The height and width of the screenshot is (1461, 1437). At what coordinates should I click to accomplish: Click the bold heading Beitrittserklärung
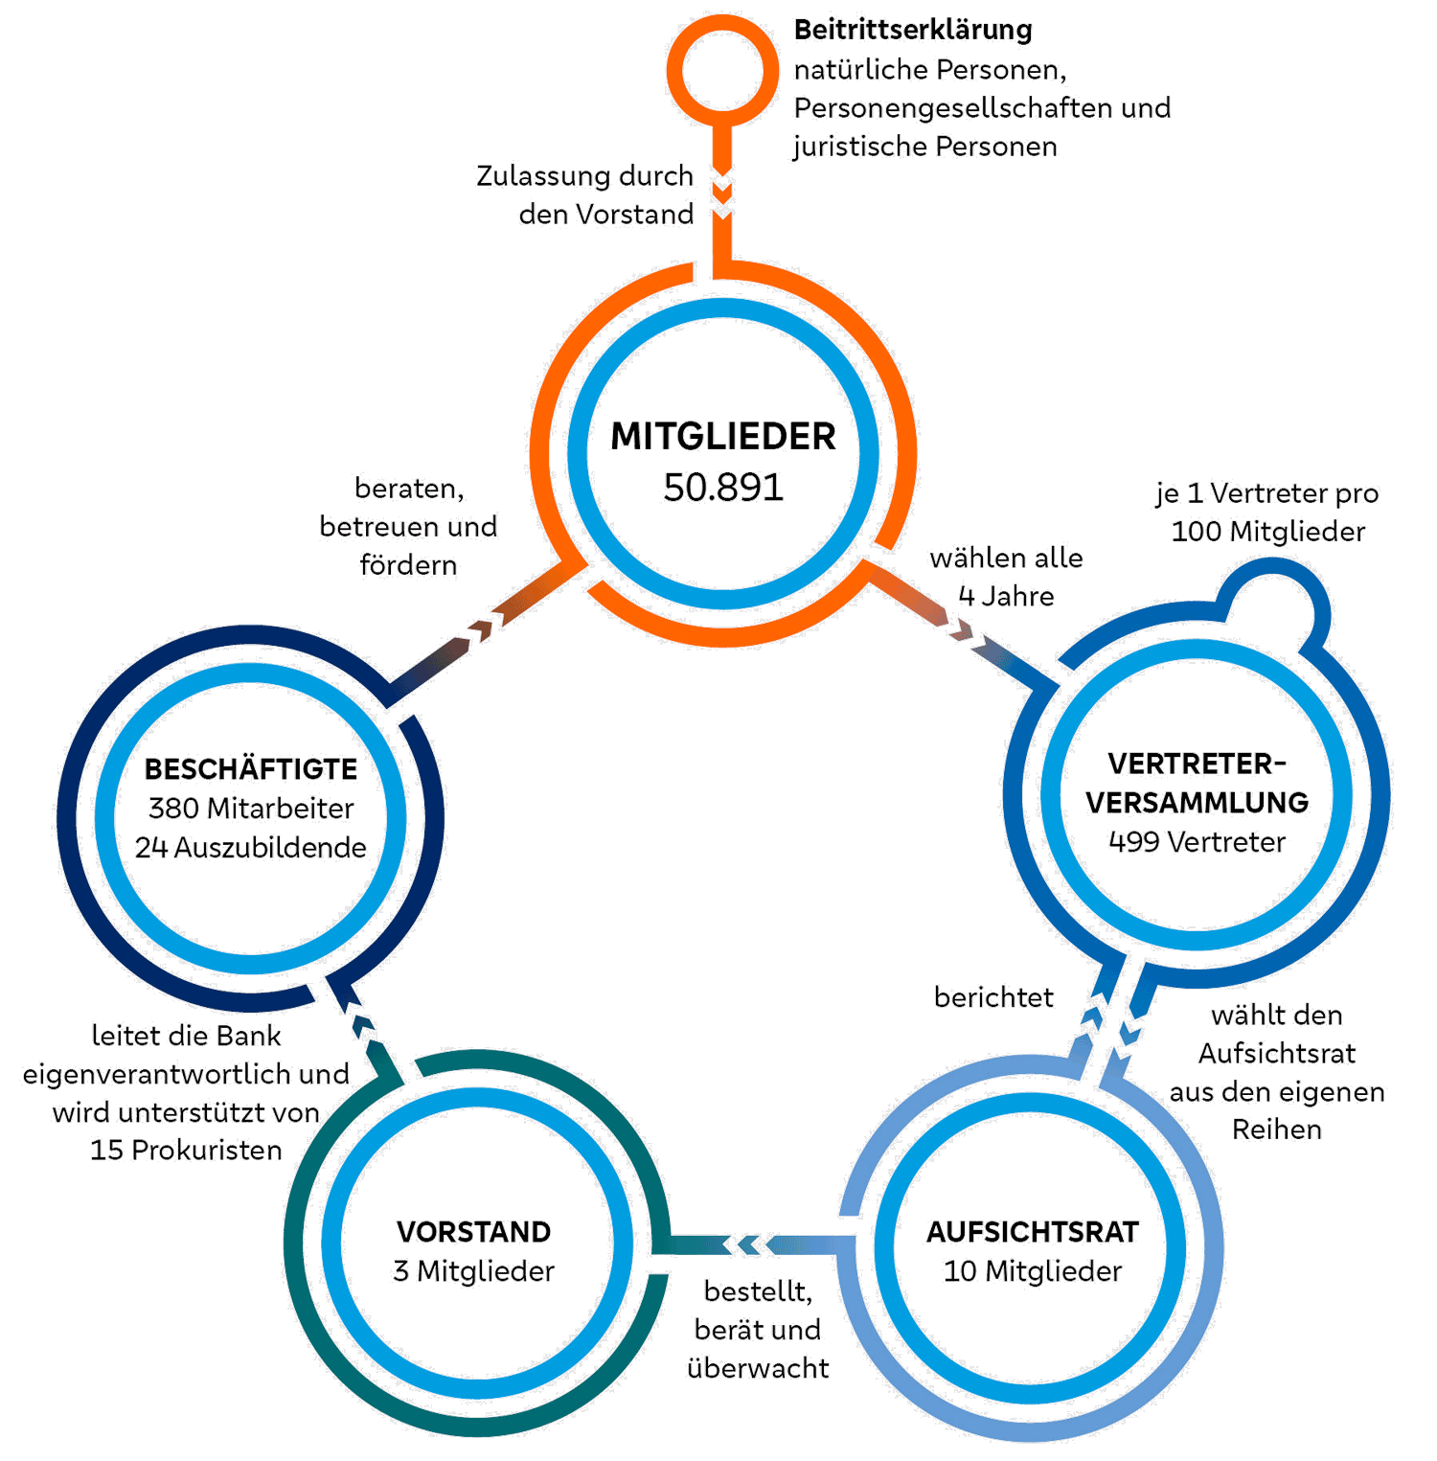tap(913, 31)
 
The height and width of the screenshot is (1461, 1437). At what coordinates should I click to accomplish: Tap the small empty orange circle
tap(722, 71)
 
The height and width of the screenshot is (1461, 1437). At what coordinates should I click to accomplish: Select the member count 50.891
tap(723, 487)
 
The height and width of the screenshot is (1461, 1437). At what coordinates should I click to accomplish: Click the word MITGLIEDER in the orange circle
tap(723, 437)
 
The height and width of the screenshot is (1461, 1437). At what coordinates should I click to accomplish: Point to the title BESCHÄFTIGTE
tap(251, 769)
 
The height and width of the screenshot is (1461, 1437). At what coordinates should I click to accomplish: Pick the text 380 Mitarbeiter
tap(251, 809)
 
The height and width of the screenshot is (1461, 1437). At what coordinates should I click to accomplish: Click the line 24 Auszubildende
tap(251, 848)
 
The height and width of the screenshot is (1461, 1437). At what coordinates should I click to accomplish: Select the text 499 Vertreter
tap(1197, 842)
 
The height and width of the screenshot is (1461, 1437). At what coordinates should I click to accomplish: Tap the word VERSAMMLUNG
tap(1197, 803)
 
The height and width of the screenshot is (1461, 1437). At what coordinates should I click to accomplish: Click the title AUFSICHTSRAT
tap(1033, 1232)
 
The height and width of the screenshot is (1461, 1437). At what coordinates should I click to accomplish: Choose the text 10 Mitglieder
tap(1033, 1271)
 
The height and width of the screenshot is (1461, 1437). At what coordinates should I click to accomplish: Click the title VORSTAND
tap(474, 1232)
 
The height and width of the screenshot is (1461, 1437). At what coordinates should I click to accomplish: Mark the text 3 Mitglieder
tap(474, 1271)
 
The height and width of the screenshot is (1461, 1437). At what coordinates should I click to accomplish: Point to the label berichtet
tap(993, 998)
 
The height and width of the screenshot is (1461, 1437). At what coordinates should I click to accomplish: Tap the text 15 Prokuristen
tap(186, 1150)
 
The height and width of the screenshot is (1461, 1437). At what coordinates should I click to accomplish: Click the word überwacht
tap(758, 1368)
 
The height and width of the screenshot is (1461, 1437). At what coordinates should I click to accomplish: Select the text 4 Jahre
tap(1006, 597)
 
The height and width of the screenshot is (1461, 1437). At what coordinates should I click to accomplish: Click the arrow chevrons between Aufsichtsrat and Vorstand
tap(743, 1244)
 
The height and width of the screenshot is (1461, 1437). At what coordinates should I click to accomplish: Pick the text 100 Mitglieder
tap(1268, 532)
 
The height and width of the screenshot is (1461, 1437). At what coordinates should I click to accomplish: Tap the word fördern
tap(408, 565)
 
